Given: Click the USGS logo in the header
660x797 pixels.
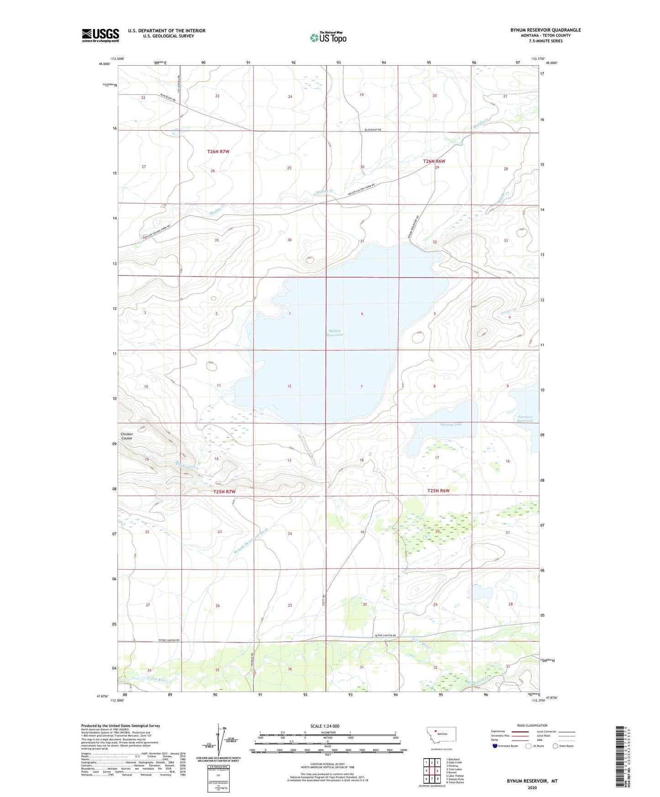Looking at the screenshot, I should pos(100,35).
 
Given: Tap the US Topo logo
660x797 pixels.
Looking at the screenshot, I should pos(328,37).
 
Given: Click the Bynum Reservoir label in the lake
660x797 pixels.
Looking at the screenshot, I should pos(335,333).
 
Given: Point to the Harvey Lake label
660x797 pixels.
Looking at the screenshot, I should pos(451,424).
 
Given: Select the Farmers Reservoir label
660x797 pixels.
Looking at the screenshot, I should pos(525,419).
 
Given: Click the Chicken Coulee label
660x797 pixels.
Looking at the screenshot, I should pos(127,436).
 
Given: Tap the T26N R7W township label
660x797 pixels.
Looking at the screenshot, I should pos(218,152).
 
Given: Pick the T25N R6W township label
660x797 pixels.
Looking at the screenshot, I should pos(438,491).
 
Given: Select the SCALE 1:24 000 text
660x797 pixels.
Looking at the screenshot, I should pos(325,726).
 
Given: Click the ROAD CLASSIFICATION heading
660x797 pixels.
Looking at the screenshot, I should pos(532,725).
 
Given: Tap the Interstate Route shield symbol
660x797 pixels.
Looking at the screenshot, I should pos(496,746).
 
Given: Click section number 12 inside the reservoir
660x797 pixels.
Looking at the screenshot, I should pos(289,387).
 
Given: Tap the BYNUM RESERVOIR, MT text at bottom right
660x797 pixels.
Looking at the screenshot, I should pos(532,781).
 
